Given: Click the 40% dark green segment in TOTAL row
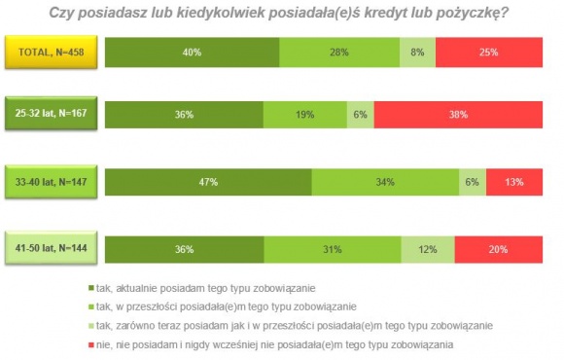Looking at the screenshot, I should pos(192,51).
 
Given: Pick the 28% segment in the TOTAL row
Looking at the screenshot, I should pos(339,51).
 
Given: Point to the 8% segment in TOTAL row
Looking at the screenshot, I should pos(417,51).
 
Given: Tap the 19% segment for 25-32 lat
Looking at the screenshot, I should pos(304,114).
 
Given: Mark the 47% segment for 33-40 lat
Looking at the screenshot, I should pos(207,181).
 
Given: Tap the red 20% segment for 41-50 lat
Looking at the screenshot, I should pos(498,248).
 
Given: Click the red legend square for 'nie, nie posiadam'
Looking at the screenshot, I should pos(90,344).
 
